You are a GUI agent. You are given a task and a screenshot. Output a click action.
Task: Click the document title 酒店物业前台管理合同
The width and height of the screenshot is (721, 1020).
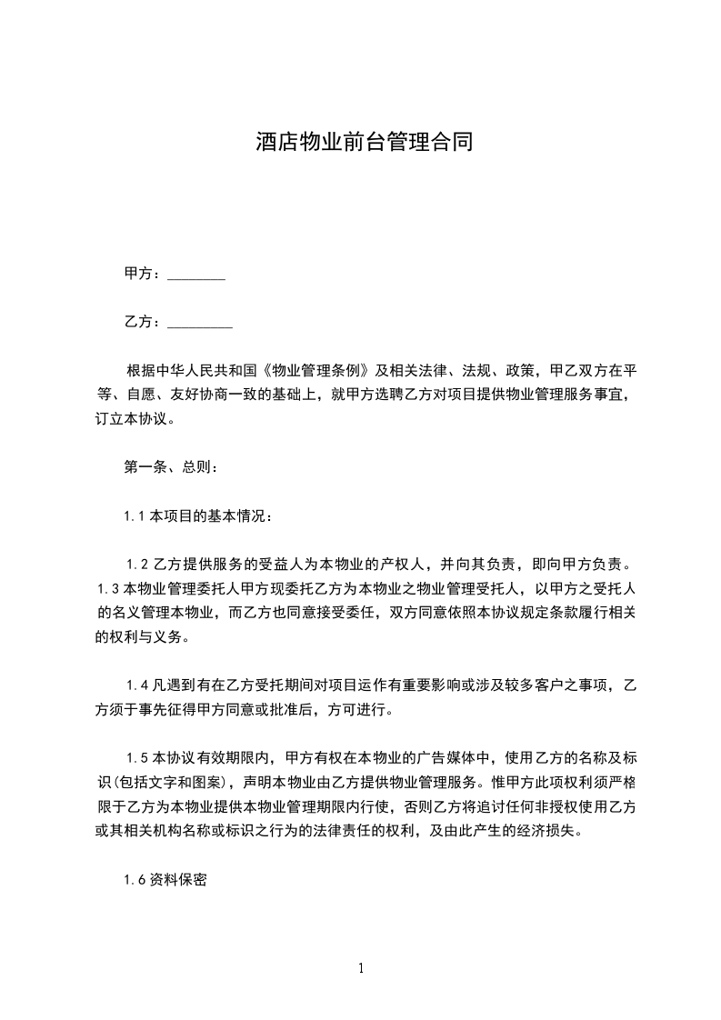(364, 143)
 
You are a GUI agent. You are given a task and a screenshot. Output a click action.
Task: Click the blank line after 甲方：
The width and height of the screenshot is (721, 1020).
(196, 275)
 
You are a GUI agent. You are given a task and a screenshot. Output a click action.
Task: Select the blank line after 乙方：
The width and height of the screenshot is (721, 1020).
(200, 323)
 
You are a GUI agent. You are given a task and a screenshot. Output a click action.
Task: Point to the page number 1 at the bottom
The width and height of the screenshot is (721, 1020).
(361, 968)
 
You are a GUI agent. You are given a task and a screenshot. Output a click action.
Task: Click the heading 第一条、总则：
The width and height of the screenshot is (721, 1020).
(170, 467)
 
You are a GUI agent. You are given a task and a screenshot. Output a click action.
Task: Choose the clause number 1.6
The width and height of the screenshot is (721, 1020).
(135, 880)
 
